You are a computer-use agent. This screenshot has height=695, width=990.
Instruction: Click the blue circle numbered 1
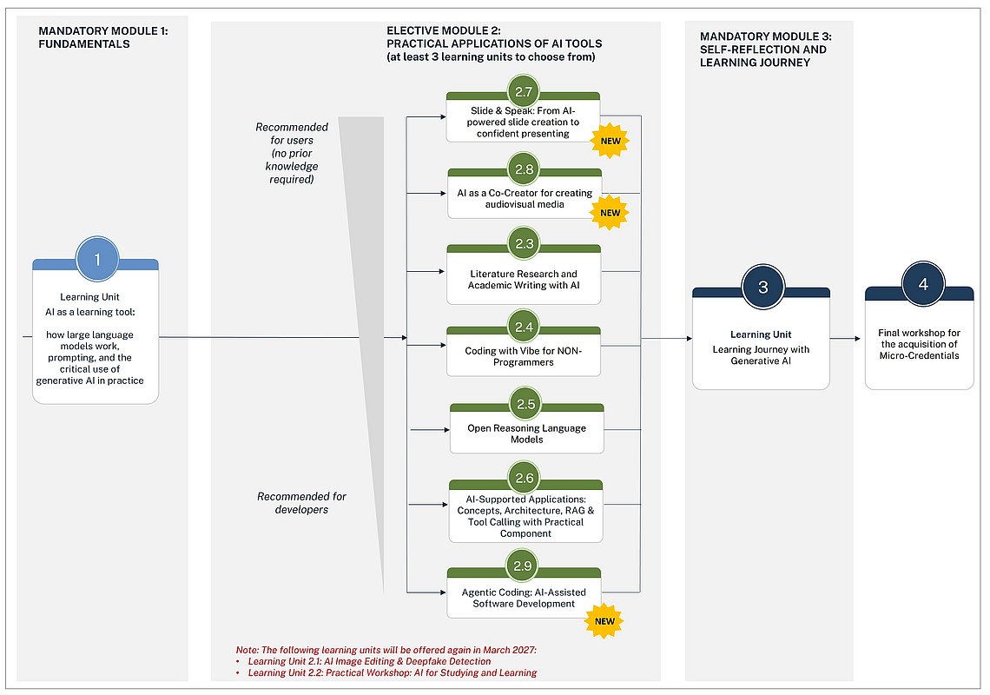[x=97, y=259]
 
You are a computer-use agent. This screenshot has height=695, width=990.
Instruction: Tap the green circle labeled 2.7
[x=524, y=91]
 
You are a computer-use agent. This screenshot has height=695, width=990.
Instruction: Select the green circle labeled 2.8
[x=524, y=169]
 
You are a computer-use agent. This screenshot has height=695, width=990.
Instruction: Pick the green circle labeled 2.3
[x=524, y=244]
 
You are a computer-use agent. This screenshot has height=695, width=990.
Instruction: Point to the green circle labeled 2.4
[x=524, y=328]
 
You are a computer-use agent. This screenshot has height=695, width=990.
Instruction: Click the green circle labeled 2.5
[x=526, y=404]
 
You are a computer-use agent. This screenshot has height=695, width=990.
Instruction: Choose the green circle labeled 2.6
[x=524, y=479]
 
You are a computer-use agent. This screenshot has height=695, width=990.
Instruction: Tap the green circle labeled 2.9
[x=522, y=566]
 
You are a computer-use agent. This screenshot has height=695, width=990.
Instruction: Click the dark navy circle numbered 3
[x=762, y=288]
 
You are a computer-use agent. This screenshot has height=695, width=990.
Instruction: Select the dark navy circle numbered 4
[x=923, y=284]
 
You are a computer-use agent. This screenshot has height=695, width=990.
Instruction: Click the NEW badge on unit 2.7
[x=610, y=141]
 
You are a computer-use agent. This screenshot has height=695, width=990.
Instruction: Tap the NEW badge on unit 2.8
[x=610, y=213]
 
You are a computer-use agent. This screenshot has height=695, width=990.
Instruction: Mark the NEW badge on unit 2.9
[x=604, y=621]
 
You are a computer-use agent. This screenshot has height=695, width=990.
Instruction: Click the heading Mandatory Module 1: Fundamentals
[x=103, y=37]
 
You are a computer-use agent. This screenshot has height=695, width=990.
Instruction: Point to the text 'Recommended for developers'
[x=302, y=503]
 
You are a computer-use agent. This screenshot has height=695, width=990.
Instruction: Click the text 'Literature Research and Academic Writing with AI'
[x=524, y=279]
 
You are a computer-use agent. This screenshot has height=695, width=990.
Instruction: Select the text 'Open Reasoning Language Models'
[x=526, y=434]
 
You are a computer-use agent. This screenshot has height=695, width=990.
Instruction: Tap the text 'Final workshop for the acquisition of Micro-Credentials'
[x=920, y=344]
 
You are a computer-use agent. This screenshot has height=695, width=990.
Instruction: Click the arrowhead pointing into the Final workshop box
[x=857, y=339]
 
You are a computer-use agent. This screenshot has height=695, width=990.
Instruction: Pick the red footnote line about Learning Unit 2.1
[x=369, y=661]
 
